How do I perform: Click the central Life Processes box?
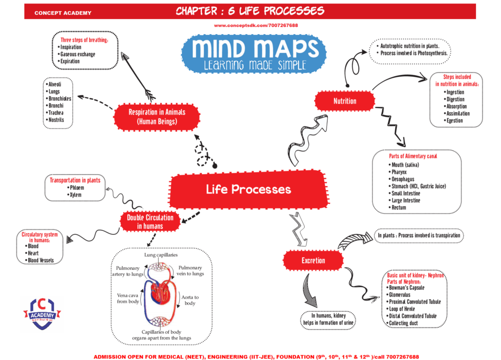[x=248, y=189]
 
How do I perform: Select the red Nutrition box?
[x=344, y=101]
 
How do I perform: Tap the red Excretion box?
[x=313, y=260]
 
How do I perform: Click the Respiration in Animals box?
[x=157, y=116]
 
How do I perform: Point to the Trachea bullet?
[x=56, y=112]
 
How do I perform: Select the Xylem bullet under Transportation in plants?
[x=75, y=195]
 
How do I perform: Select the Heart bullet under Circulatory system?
[x=33, y=253]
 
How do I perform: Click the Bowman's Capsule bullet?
[x=406, y=288]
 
